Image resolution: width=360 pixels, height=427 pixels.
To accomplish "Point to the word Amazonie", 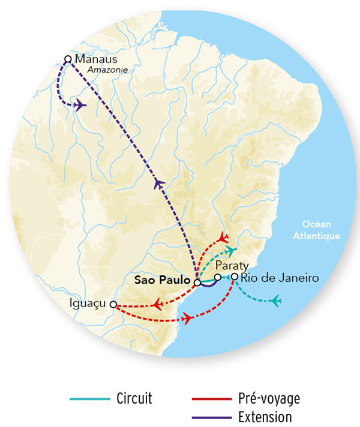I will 108,70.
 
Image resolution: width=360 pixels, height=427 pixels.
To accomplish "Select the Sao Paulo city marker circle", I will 196,281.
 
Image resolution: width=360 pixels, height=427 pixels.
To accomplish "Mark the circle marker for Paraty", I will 218,277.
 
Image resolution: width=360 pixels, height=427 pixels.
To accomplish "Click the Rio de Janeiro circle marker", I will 235,276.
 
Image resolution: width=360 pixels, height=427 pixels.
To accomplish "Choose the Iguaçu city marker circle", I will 113,305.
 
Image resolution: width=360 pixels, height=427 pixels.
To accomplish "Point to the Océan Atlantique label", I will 316,231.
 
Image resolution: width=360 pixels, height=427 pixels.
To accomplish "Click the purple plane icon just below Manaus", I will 80,106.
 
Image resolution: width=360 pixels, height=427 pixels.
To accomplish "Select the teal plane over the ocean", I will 276,300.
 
